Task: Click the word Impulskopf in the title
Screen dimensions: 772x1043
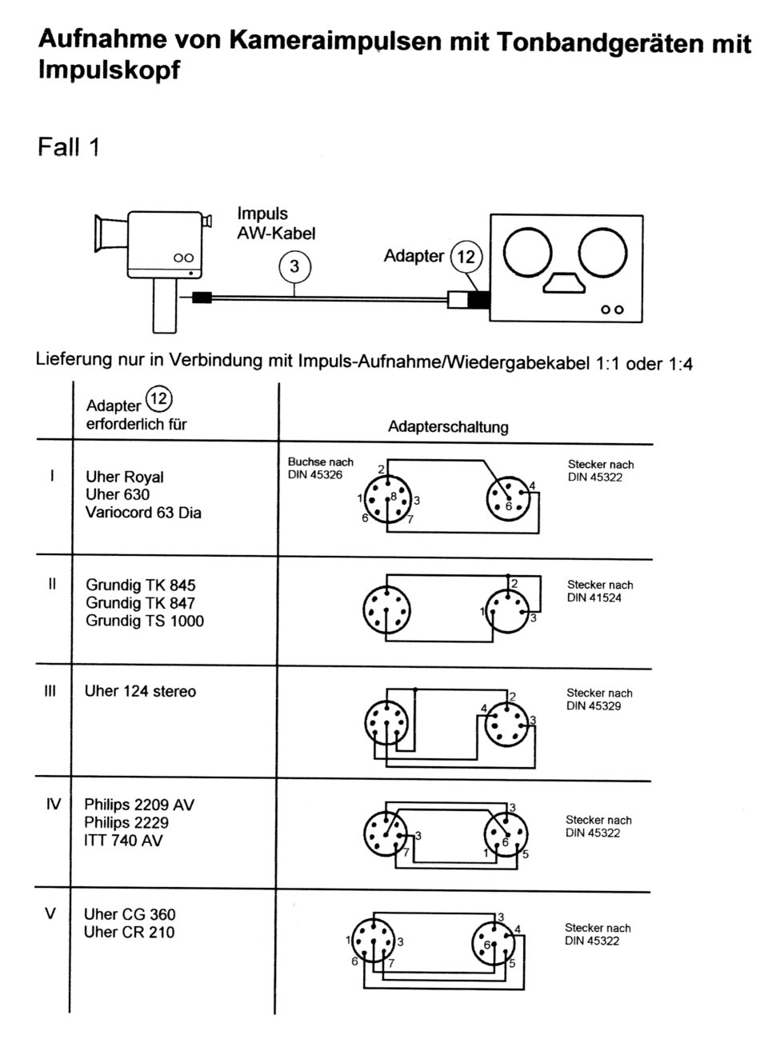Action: (109, 70)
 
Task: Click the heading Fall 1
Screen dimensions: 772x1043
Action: (69, 146)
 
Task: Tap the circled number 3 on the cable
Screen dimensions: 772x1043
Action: (294, 266)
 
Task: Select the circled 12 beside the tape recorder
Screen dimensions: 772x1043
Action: (466, 257)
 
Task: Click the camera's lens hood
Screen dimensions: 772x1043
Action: (111, 234)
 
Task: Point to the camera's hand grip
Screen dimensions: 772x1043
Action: (165, 306)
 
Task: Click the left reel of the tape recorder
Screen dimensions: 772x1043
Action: (527, 253)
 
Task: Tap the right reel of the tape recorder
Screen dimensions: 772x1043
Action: (602, 253)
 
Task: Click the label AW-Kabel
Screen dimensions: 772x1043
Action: (276, 234)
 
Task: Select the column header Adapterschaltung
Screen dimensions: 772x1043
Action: (448, 427)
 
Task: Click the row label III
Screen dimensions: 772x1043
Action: (50, 691)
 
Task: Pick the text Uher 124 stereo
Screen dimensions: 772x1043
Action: (140, 691)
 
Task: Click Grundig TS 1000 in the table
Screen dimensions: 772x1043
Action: (145, 621)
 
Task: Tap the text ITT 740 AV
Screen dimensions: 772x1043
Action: (123, 841)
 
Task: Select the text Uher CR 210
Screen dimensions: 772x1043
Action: (129, 932)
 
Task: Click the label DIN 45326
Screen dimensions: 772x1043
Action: (315, 474)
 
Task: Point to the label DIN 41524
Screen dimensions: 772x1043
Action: (594, 597)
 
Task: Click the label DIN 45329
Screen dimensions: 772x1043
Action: (594, 705)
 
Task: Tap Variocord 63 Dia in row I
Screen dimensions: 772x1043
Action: (143, 512)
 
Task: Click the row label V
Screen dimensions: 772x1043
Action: (50, 913)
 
